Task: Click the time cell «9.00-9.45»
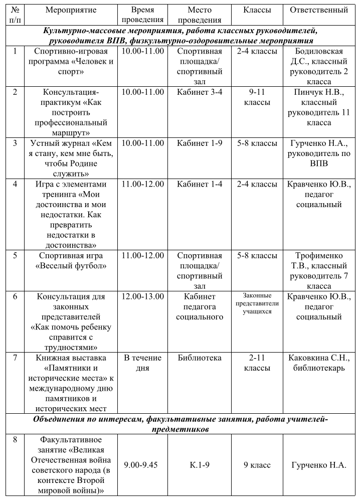(143, 465)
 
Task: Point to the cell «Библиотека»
(200, 358)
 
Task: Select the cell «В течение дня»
(143, 363)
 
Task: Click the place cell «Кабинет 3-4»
(200, 92)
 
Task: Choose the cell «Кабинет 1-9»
(200, 143)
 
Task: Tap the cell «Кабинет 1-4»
(200, 184)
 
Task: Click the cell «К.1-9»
(200, 465)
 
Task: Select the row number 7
(16, 358)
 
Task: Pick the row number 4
(16, 184)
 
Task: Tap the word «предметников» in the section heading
(180, 429)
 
